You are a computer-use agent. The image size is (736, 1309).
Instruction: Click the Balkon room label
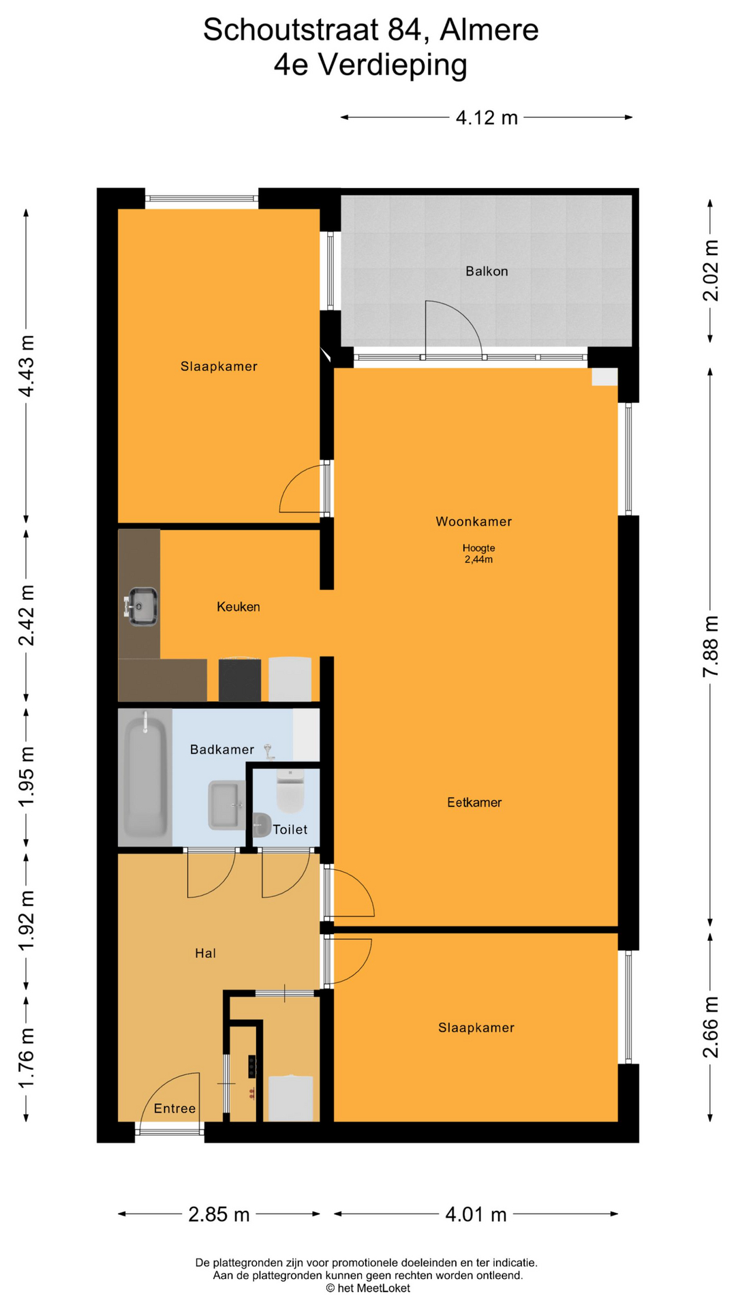(487, 271)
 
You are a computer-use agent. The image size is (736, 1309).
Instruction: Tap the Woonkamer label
(474, 522)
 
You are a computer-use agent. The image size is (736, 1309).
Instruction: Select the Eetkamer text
(474, 802)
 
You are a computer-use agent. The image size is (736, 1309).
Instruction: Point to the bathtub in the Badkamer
(145, 778)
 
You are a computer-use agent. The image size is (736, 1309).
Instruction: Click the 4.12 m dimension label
(487, 118)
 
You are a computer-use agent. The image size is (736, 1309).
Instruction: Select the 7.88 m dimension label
(710, 646)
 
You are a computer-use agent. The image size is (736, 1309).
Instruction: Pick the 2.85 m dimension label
(219, 1214)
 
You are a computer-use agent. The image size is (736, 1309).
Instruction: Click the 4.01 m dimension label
(476, 1214)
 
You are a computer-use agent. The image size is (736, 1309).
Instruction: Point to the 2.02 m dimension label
(710, 270)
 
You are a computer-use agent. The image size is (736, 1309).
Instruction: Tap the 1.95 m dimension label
(27, 777)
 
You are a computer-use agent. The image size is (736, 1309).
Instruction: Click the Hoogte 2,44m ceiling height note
(478, 554)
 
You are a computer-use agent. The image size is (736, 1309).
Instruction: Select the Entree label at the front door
(174, 1109)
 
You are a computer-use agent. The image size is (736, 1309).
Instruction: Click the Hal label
(205, 953)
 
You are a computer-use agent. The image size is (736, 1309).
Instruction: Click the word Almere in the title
(489, 30)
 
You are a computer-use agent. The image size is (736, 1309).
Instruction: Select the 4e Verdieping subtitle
(371, 66)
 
